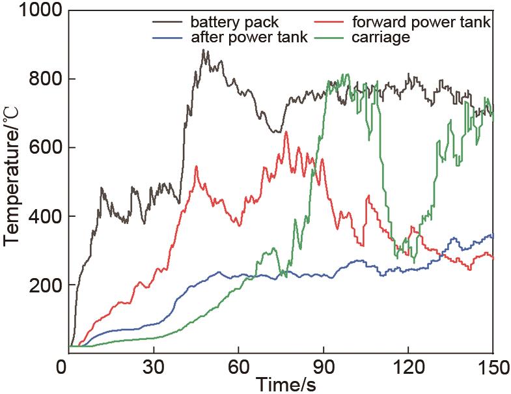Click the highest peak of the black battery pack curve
(x=204, y=50)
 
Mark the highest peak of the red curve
(x=286, y=132)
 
